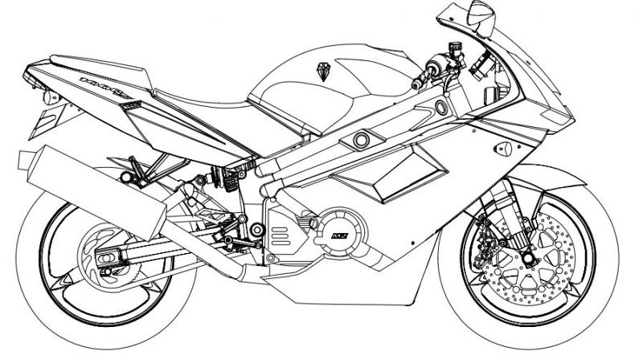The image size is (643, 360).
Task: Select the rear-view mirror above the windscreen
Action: [x=479, y=14]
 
